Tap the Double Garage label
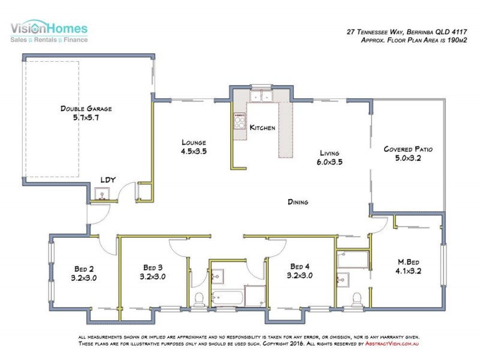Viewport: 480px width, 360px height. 86,109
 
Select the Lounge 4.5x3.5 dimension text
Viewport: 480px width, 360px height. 194,151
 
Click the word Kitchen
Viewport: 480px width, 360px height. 262,127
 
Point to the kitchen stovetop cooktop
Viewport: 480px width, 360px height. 239,121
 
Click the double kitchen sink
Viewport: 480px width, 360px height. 261,96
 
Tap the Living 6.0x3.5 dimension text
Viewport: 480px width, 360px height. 329,162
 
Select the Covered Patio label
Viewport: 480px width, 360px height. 408,149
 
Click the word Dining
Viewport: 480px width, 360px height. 298,202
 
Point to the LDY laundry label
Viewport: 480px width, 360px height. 108,179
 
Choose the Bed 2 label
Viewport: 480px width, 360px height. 84,269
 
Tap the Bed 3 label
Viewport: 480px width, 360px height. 153,268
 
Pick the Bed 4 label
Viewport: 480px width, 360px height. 299,266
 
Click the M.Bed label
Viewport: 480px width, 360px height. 409,262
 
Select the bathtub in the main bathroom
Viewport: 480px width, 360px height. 227,298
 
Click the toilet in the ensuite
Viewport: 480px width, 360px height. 356,299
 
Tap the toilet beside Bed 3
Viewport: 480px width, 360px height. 199,299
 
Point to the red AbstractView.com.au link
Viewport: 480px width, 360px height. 392,343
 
